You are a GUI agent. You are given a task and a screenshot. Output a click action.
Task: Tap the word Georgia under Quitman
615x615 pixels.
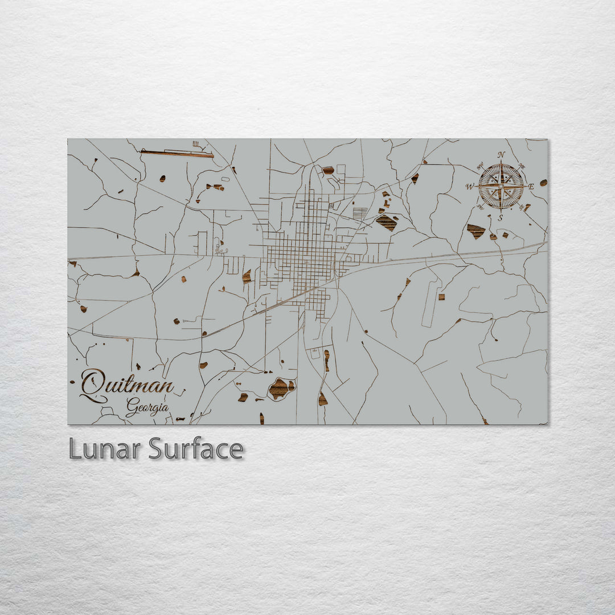click(x=147, y=407)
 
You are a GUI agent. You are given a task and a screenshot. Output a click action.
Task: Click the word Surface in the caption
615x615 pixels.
click(x=196, y=449)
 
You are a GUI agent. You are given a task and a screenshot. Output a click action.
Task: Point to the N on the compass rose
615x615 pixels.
click(x=501, y=154)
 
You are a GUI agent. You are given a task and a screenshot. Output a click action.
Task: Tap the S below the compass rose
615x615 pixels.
click(x=501, y=217)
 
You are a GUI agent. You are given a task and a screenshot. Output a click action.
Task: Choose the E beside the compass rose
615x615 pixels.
click(x=531, y=186)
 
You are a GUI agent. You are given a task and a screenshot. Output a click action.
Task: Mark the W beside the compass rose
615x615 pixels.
click(x=470, y=187)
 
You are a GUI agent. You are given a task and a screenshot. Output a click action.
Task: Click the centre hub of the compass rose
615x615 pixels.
click(x=501, y=186)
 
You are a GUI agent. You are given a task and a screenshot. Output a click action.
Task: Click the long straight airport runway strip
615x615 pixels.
click(x=177, y=153)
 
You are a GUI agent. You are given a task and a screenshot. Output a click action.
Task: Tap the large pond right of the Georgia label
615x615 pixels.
click(x=281, y=388)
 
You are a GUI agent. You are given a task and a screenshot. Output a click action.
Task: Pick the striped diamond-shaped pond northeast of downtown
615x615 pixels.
click(x=387, y=222)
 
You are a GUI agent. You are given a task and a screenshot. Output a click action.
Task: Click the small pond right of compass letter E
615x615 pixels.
click(x=543, y=183)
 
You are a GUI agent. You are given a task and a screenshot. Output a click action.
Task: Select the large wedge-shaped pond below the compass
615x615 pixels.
click(x=475, y=231)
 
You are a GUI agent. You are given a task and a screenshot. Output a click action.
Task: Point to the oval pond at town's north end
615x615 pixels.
click(x=328, y=170)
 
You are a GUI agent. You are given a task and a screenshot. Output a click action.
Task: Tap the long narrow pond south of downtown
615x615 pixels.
click(x=326, y=360)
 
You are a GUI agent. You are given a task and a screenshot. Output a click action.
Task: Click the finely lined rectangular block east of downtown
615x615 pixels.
click(x=360, y=214)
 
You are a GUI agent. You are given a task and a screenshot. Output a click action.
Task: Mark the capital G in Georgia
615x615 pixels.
click(x=132, y=407)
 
